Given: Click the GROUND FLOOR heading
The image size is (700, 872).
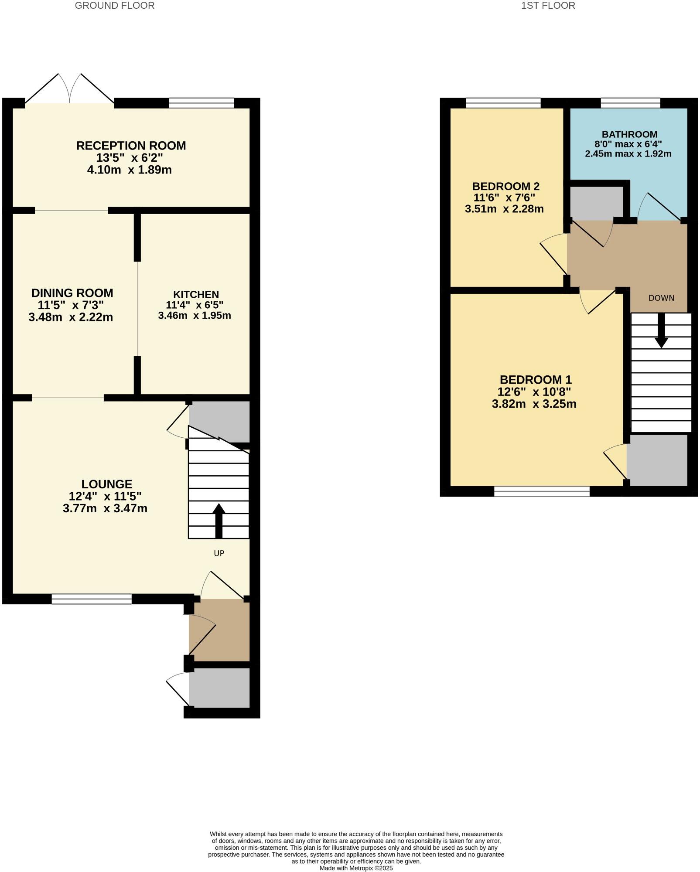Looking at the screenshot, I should click(x=115, y=6).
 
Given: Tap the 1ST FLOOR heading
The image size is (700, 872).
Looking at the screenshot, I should click(x=548, y=6).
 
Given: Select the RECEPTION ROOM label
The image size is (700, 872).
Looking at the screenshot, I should click(x=131, y=146).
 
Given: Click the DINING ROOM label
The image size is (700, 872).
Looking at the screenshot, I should click(x=72, y=293).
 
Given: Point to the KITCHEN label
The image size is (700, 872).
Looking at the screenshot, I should click(x=196, y=294).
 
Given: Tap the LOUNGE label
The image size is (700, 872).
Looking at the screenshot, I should click(x=107, y=484).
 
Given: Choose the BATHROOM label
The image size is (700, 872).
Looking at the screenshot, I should click(x=629, y=134).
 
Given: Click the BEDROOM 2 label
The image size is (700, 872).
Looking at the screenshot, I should click(x=505, y=187).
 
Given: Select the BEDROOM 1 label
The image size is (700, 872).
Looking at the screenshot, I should click(x=535, y=380).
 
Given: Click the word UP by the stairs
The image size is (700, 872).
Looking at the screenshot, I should click(x=219, y=553).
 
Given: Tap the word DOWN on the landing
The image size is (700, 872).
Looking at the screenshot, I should click(x=661, y=298).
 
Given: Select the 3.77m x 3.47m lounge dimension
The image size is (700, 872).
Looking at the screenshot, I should click(x=105, y=508).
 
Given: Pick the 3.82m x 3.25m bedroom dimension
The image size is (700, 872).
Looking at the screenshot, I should click(x=534, y=404).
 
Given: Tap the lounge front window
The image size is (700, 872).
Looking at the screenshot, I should click(x=92, y=599).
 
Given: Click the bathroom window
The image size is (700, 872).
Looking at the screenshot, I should click(x=630, y=103).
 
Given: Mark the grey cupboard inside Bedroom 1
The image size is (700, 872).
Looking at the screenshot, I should click(x=657, y=460).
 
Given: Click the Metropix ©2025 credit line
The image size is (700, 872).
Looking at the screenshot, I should click(x=356, y=868).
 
